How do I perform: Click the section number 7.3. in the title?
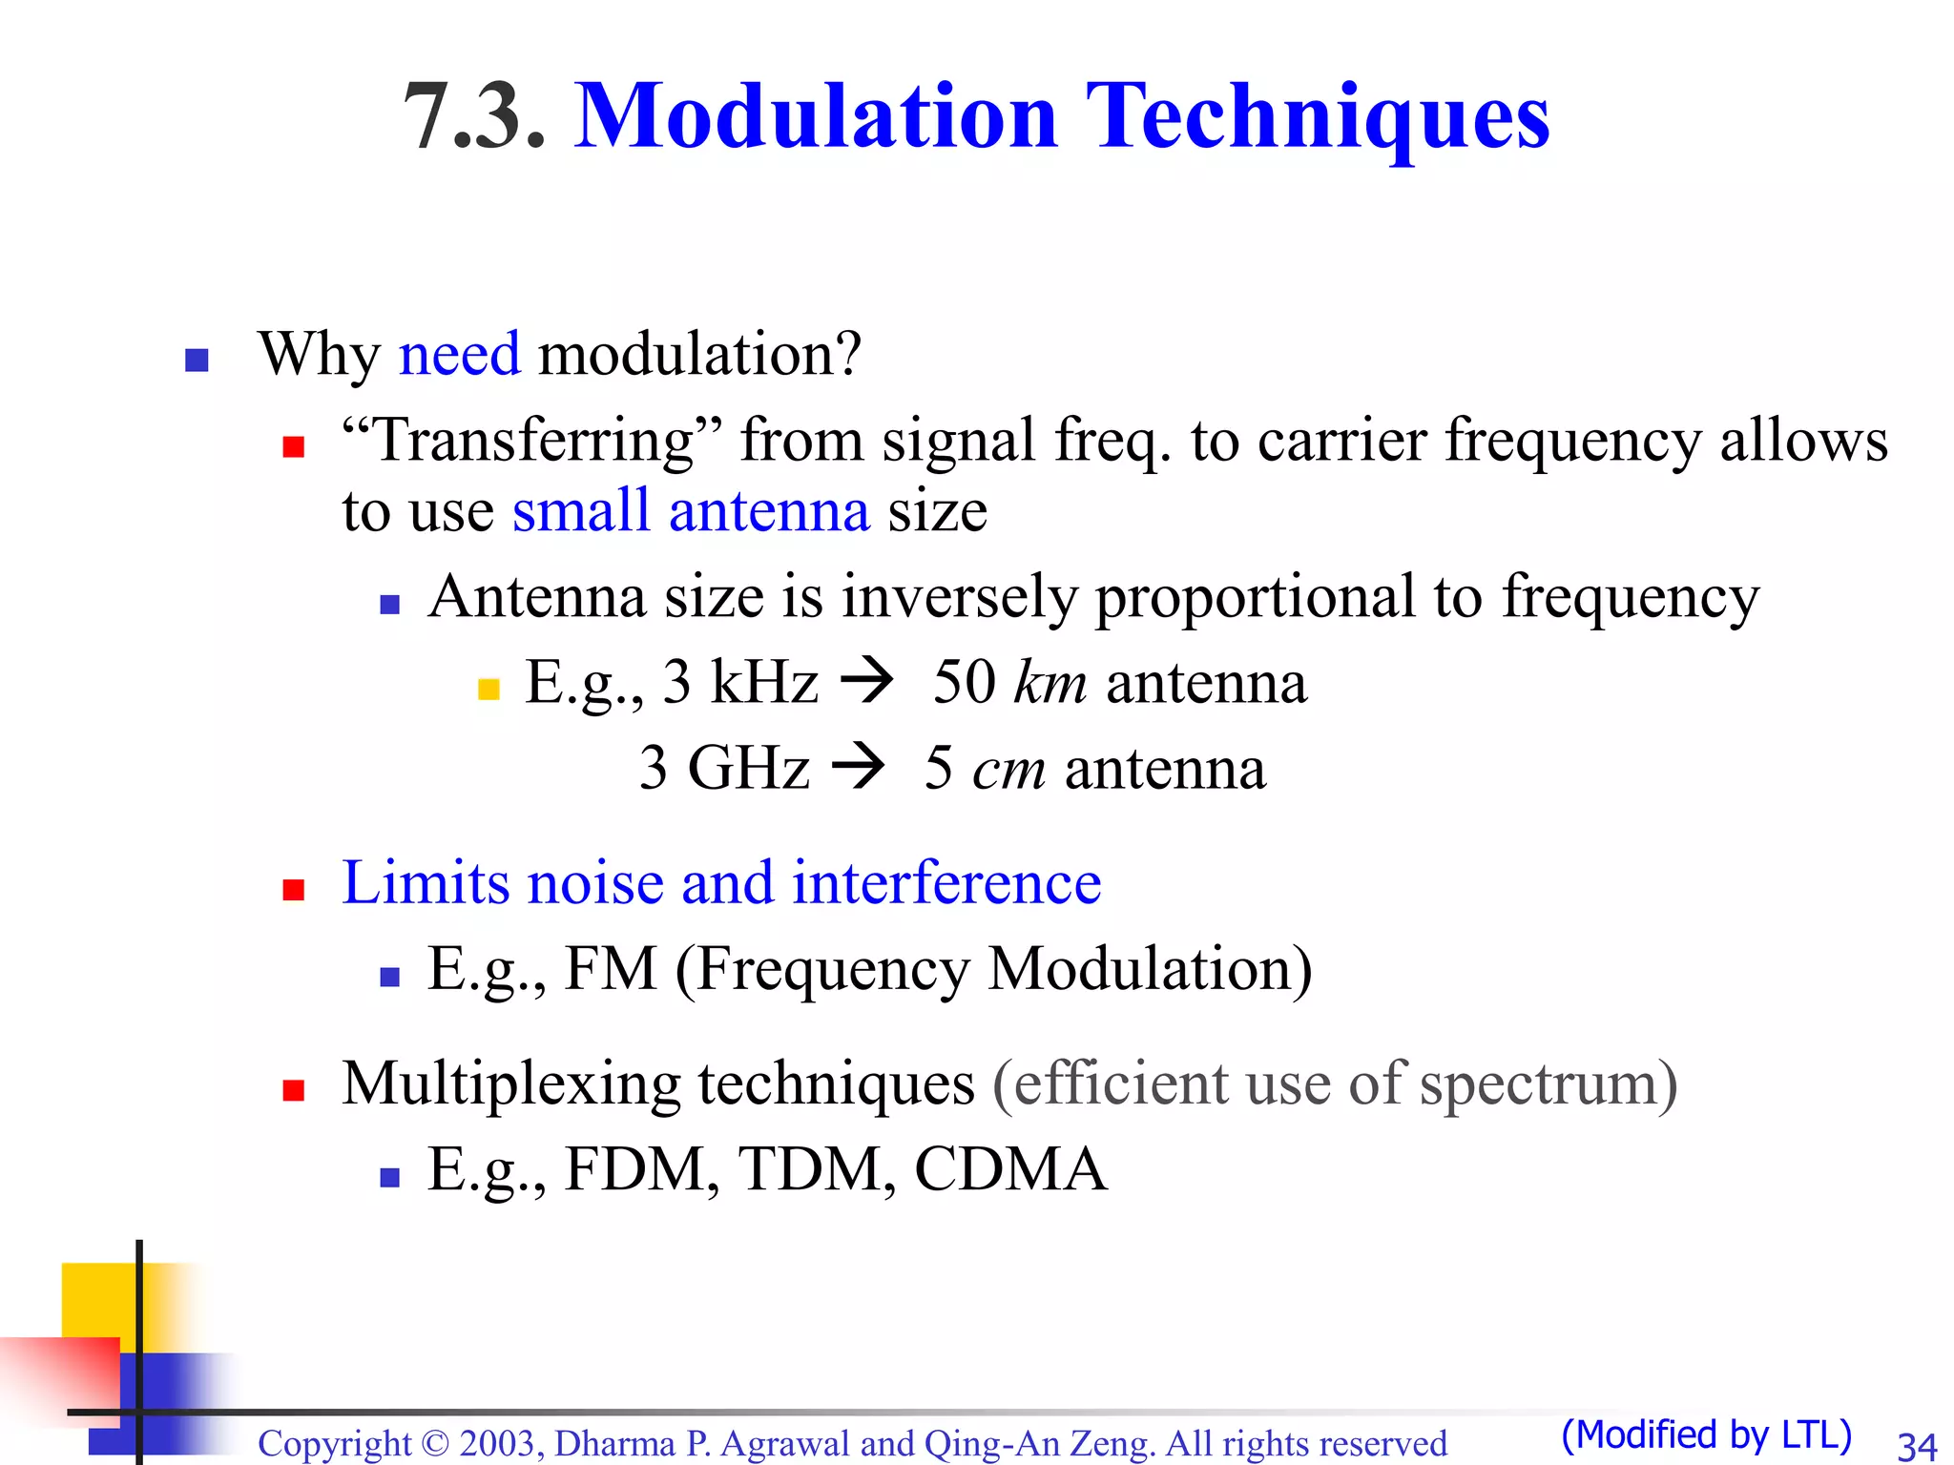coord(474,116)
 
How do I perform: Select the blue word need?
coord(459,354)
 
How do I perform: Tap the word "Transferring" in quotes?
coord(532,440)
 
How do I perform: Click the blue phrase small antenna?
coord(691,510)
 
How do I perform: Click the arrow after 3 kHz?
coord(866,681)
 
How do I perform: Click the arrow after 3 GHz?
coord(858,767)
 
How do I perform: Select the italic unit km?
coord(1050,683)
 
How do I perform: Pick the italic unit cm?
coord(1008,769)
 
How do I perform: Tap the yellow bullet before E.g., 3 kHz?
coord(488,689)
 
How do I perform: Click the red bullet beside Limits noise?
coord(294,890)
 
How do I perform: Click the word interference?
coord(946,882)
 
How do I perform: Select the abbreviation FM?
coord(611,969)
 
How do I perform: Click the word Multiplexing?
coord(510,1084)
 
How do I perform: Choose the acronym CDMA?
coord(1010,1169)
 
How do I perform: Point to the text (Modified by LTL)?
coord(1706,1434)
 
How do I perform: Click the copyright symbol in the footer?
coord(434,1444)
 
